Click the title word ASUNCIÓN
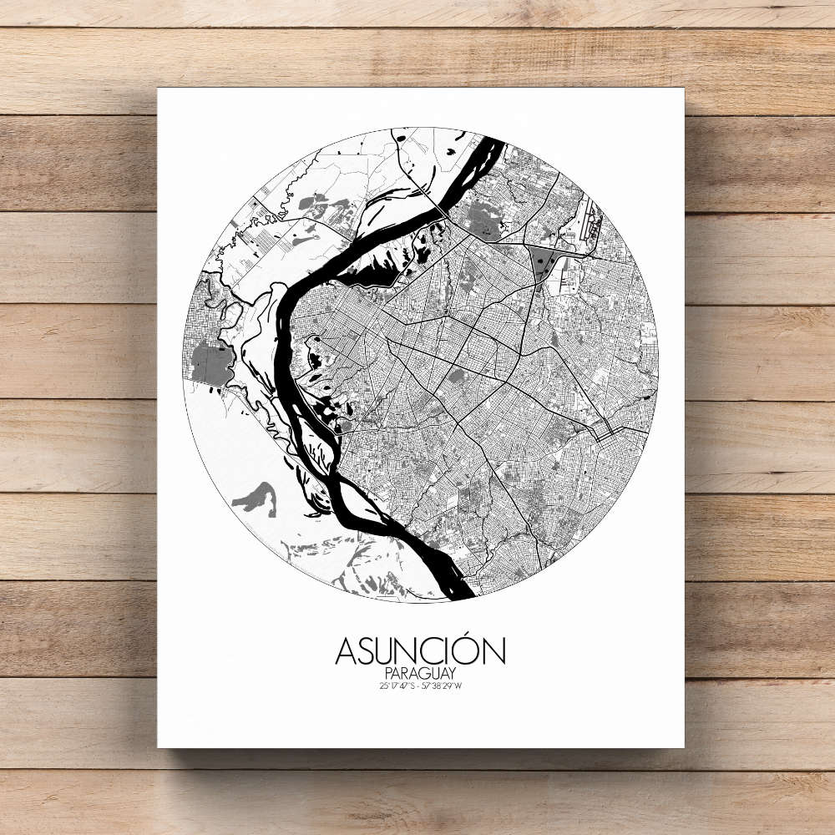(x=420, y=651)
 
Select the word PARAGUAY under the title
(x=420, y=673)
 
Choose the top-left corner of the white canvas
(x=159, y=89)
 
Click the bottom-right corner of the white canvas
(x=683, y=746)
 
